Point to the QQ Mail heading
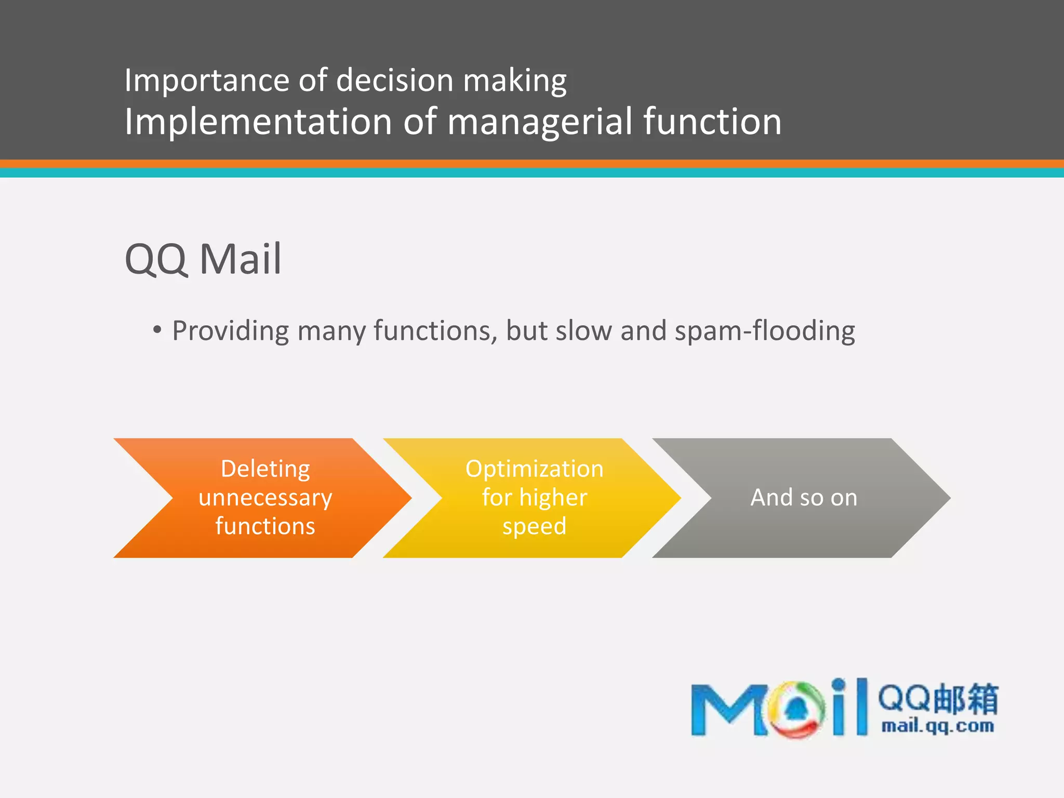[x=203, y=259]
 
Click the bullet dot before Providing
[x=157, y=329]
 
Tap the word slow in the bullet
[x=583, y=330]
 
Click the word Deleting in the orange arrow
[x=265, y=469]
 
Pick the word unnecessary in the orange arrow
[x=265, y=498]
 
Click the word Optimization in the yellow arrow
[x=534, y=469]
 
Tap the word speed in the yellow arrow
[x=534, y=527]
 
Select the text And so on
[x=803, y=498]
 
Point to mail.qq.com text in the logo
[x=937, y=725]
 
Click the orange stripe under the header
[x=532, y=164]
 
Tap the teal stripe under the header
[x=532, y=173]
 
